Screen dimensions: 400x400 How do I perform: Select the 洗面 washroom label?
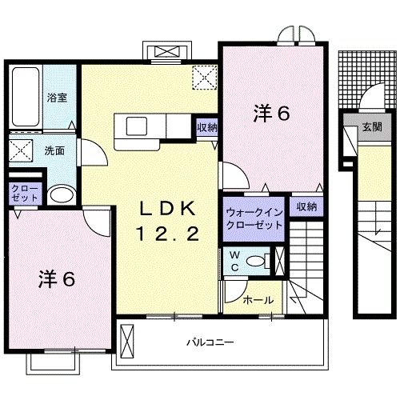54,150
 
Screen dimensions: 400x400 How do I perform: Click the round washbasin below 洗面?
59,196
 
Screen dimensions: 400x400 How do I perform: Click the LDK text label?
168,209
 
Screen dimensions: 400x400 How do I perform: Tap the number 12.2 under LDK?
168,234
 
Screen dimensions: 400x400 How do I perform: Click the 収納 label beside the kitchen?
206,127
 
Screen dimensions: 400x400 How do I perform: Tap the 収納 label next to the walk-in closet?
306,206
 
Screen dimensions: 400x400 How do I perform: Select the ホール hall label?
258,301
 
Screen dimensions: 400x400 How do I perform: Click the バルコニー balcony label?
210,342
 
